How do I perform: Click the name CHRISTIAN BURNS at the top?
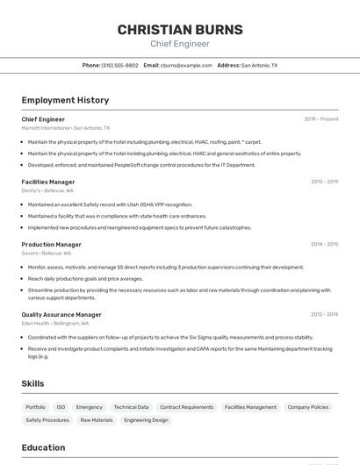[x=180, y=30]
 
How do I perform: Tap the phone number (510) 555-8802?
[x=119, y=65]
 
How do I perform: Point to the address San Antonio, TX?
[x=259, y=65]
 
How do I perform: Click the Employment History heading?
[x=65, y=100]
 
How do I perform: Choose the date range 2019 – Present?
[x=321, y=119]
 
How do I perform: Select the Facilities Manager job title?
[x=48, y=182]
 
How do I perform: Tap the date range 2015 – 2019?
[x=324, y=182]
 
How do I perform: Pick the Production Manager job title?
[x=52, y=244]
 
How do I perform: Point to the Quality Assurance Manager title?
[x=61, y=314]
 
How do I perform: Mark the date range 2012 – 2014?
[x=324, y=314]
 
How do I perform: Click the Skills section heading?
[x=33, y=383]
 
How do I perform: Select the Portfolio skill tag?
[x=35, y=407]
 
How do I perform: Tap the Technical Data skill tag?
[x=131, y=407]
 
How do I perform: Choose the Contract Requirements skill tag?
[x=186, y=407]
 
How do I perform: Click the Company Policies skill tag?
[x=308, y=407]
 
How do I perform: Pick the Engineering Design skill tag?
[x=146, y=420]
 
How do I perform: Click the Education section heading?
[x=43, y=447]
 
